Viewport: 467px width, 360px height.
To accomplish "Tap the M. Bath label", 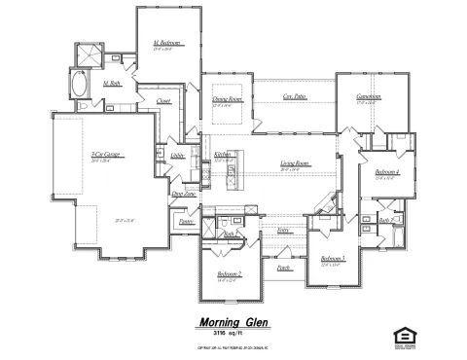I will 112,85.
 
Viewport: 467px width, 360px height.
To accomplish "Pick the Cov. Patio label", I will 295,97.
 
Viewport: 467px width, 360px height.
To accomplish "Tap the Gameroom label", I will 367,97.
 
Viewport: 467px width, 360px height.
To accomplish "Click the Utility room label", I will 177,155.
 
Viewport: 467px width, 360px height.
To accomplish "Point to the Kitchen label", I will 222,155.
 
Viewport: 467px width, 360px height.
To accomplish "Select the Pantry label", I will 186,222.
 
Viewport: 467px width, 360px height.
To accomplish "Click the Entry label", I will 283,231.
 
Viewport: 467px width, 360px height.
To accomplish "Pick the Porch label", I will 283,266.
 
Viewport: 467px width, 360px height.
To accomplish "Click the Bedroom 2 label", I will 230,275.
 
